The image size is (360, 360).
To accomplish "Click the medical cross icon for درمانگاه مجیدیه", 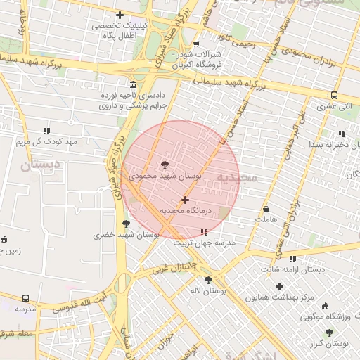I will (x=185, y=200).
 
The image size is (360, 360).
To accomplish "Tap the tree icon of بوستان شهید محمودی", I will (x=165, y=165).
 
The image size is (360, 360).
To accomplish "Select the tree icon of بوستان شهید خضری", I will (x=127, y=224).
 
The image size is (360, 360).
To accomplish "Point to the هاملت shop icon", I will (x=266, y=210).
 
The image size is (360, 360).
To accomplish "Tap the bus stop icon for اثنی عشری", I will (x=334, y=96).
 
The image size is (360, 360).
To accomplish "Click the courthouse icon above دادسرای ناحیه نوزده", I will (x=134, y=84).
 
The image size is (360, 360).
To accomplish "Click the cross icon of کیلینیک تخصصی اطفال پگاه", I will (x=120, y=15).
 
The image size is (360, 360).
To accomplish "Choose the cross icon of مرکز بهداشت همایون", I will (x=280, y=286).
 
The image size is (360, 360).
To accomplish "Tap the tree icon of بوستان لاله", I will (x=208, y=279).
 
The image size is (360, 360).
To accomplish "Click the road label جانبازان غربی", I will (x=173, y=267).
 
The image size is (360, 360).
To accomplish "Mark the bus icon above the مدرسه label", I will (x=26, y=298).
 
